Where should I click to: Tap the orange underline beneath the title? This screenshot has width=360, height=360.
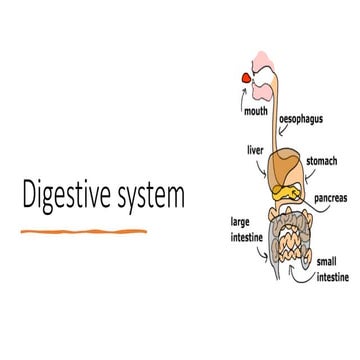click(84, 232)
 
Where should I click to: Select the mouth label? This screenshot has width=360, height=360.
click(256, 111)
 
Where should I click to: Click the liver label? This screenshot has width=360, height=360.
click(255, 150)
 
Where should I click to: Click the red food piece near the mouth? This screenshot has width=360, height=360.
click(245, 76)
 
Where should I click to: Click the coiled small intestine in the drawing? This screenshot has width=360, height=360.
click(291, 239)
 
